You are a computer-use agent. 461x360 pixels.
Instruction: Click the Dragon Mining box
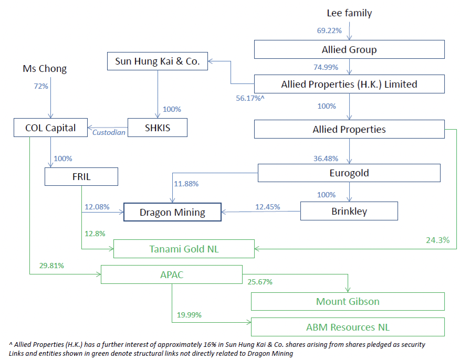click(172, 213)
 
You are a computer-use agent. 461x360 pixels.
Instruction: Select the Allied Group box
click(349, 50)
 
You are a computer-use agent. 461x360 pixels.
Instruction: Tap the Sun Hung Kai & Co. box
click(157, 61)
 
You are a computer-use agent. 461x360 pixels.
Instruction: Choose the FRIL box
click(81, 176)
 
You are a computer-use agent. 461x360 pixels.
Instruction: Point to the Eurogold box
click(349, 173)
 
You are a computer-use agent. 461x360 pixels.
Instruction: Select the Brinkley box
click(349, 211)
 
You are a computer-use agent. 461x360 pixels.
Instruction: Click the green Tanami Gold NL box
click(184, 249)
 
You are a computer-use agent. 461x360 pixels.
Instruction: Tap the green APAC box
click(171, 274)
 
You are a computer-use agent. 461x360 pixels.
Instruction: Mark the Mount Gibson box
click(348, 301)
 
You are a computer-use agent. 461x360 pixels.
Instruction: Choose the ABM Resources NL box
click(348, 327)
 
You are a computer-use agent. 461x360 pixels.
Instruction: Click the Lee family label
click(349, 13)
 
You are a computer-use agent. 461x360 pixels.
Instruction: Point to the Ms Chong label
click(45, 69)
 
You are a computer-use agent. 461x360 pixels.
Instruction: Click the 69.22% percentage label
click(329, 30)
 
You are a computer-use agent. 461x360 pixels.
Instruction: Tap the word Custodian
click(109, 132)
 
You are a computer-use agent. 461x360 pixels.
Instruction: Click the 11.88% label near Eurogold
click(186, 183)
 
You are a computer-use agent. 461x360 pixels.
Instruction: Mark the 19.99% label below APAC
click(189, 315)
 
